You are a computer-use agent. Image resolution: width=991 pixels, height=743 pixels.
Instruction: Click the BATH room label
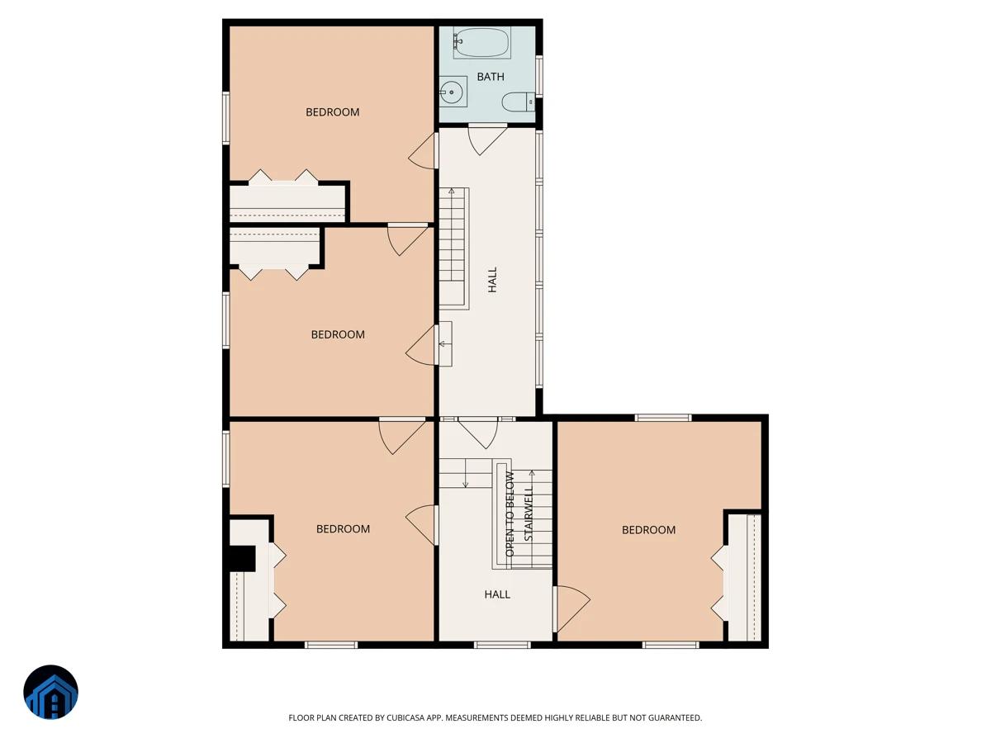point(491,77)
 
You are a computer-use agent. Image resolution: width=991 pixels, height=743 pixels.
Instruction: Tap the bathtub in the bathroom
point(481,42)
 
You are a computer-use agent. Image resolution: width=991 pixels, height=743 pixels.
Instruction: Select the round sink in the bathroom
point(452,92)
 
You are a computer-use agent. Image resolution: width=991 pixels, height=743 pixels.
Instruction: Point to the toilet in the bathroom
point(519,102)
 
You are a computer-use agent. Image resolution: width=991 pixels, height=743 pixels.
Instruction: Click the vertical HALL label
point(492,279)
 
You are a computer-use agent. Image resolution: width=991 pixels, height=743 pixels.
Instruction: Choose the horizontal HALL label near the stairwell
point(497,594)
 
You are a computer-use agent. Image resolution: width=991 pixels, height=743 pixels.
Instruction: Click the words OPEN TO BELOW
point(510,513)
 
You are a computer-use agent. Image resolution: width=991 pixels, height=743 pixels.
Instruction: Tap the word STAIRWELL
point(529,513)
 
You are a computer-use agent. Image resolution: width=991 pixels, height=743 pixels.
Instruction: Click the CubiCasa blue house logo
point(50,692)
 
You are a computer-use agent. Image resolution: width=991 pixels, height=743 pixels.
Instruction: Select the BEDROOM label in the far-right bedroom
point(648,530)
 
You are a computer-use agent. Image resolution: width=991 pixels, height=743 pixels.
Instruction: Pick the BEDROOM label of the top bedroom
point(332,112)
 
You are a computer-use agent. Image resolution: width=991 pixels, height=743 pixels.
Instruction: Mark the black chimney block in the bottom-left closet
point(243,559)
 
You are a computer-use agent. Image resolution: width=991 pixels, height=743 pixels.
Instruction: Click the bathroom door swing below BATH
point(487,140)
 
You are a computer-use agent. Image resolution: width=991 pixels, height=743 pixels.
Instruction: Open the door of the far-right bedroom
point(571,608)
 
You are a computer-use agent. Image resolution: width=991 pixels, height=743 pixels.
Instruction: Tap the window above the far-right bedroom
point(663,418)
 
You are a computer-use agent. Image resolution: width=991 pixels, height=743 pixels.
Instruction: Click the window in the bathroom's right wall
point(539,76)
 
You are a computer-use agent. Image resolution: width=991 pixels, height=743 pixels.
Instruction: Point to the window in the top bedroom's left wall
point(225,118)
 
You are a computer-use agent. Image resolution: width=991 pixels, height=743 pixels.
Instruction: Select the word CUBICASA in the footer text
point(405,717)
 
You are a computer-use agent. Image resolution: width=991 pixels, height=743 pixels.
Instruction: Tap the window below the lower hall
point(502,645)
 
